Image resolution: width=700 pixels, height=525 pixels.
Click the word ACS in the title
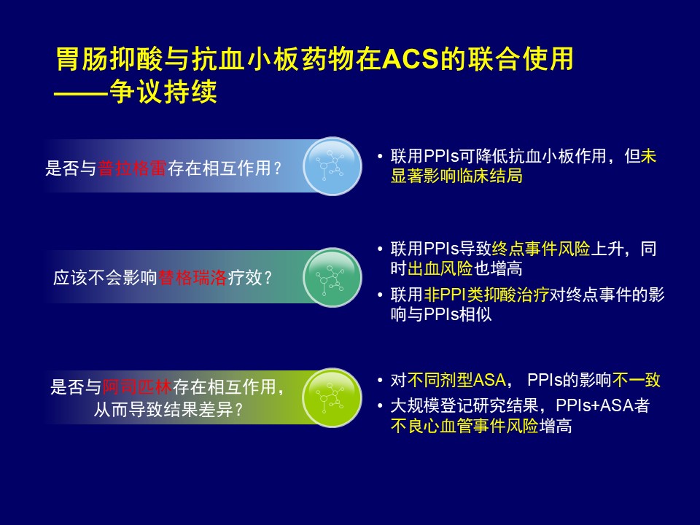click(x=411, y=58)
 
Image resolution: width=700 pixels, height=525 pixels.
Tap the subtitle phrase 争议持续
click(x=163, y=92)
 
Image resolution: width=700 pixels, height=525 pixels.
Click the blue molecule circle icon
click(x=332, y=166)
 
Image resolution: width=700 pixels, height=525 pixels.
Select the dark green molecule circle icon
click(x=332, y=277)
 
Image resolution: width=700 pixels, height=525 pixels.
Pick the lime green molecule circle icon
click(x=332, y=397)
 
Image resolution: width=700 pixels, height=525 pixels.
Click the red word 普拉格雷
click(x=132, y=168)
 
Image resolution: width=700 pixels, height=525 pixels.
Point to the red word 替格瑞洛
click(x=192, y=278)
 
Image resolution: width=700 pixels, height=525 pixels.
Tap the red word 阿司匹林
click(x=137, y=386)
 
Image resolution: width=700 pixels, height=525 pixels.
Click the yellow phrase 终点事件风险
click(x=541, y=249)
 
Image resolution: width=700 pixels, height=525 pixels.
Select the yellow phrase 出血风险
click(x=440, y=269)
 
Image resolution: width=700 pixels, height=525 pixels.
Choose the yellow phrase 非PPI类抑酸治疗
click(x=486, y=295)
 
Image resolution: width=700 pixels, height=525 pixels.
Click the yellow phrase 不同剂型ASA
click(x=456, y=380)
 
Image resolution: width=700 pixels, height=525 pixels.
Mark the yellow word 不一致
click(x=636, y=380)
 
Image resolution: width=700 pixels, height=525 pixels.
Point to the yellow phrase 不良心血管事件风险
click(x=464, y=426)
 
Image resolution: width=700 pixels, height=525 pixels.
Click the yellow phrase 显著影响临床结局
click(x=456, y=176)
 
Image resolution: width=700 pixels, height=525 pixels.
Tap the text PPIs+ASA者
click(x=603, y=405)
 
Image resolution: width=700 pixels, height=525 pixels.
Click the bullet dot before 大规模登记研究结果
click(x=380, y=406)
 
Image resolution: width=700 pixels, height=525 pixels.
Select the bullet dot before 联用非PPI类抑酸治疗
click(x=380, y=295)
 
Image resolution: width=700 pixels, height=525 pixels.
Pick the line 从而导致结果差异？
click(x=168, y=409)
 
